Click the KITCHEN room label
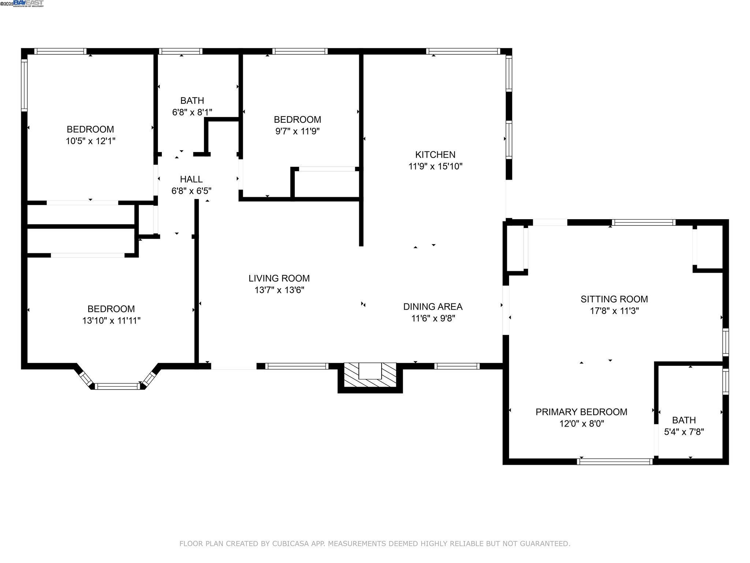coord(435,155)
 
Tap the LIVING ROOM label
coord(279,279)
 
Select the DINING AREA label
coord(433,306)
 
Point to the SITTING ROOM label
coord(614,299)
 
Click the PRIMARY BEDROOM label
coord(582,412)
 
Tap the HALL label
coord(191,179)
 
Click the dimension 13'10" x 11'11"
coord(111,321)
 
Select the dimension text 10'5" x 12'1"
coord(90,141)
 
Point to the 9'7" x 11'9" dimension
coord(297,131)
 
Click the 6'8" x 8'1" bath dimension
coord(192,112)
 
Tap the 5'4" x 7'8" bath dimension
coord(684,432)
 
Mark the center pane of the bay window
coord(117,386)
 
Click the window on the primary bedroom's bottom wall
coord(615,461)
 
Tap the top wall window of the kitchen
coord(463,51)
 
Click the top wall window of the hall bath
coord(181,51)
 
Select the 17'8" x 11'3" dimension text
coord(614,311)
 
